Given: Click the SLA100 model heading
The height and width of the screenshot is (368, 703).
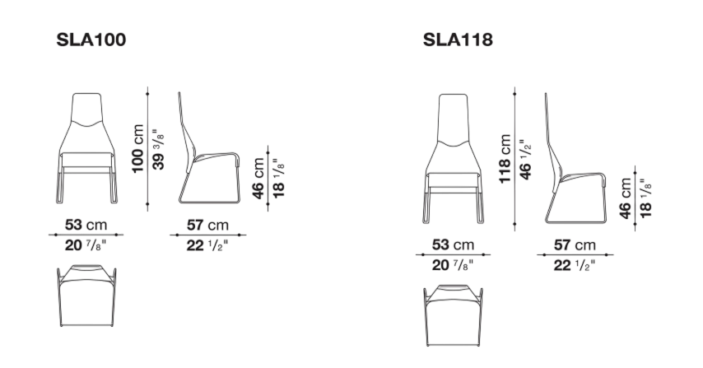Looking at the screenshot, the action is point(91,40).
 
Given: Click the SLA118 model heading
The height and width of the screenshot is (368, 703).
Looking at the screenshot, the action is point(458,40).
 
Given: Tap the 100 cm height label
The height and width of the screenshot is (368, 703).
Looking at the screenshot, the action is point(138,148).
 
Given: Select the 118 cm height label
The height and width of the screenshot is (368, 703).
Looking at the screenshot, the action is point(505,159).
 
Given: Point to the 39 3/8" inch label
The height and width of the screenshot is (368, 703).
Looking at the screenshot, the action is point(159,149).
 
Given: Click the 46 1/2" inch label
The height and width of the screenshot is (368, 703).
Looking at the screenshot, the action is point(525,159).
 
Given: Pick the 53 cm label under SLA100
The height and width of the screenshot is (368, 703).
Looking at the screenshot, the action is point(86,225).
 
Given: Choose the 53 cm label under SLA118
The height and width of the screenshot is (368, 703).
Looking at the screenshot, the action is point(453,245).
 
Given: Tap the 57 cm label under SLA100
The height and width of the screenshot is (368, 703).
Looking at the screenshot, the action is point(207,225).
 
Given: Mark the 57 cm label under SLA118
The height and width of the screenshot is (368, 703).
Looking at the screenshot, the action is point(575,245).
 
